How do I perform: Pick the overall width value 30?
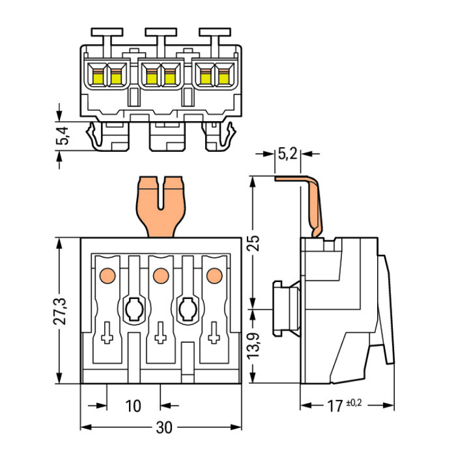click(x=163, y=427)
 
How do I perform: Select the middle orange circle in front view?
click(x=160, y=275)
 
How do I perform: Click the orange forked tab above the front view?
click(x=160, y=203)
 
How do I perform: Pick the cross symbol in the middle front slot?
click(x=160, y=333)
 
